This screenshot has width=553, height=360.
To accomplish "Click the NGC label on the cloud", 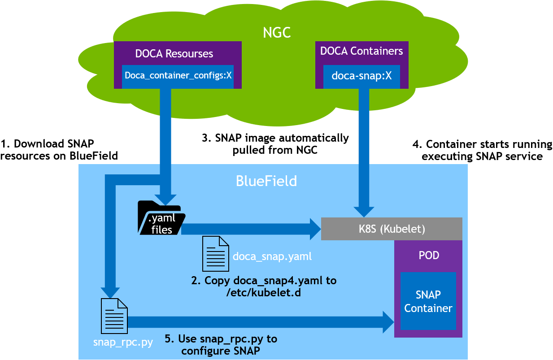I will pyautogui.click(x=277, y=33).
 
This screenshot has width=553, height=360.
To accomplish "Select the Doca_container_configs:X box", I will pyautogui.click(x=178, y=75).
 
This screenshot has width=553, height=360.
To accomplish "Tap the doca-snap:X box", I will pyautogui.click(x=361, y=76).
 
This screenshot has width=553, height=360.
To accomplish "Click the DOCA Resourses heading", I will pyautogui.click(x=174, y=54).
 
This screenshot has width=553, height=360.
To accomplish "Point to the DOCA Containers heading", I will pyautogui.click(x=361, y=51).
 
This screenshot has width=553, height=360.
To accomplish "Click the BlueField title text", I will pyautogui.click(x=266, y=181).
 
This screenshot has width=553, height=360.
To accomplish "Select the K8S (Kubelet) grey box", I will pyautogui.click(x=392, y=229).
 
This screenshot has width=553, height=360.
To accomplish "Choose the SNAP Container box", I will pyautogui.click(x=428, y=301).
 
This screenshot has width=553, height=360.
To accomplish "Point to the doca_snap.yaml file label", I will pyautogui.click(x=272, y=257).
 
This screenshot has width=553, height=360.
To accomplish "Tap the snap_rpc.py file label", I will pyautogui.click(x=123, y=343).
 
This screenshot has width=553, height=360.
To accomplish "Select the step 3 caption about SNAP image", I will pyautogui.click(x=275, y=144).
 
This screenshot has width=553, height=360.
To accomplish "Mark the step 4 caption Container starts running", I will pyautogui.click(x=482, y=150).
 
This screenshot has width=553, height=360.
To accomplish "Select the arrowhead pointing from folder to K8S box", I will pyautogui.click(x=314, y=229).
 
